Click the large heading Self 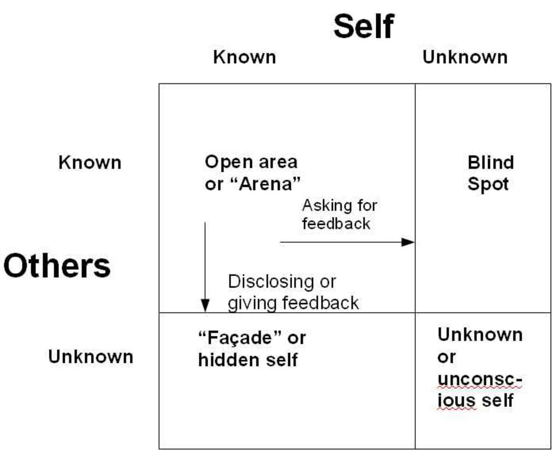click(364, 27)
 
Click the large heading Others click(57, 266)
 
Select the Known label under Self click(245, 57)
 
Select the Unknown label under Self click(465, 57)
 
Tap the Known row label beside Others click(90, 163)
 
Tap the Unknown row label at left click(91, 357)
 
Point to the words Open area click(251, 162)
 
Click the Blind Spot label click(490, 173)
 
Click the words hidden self click(247, 360)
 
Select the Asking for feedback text click(339, 214)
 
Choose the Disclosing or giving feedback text click(293, 292)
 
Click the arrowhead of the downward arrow click(204, 306)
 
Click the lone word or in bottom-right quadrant click(446, 358)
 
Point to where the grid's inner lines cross click(415, 313)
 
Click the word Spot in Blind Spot click(488, 184)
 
